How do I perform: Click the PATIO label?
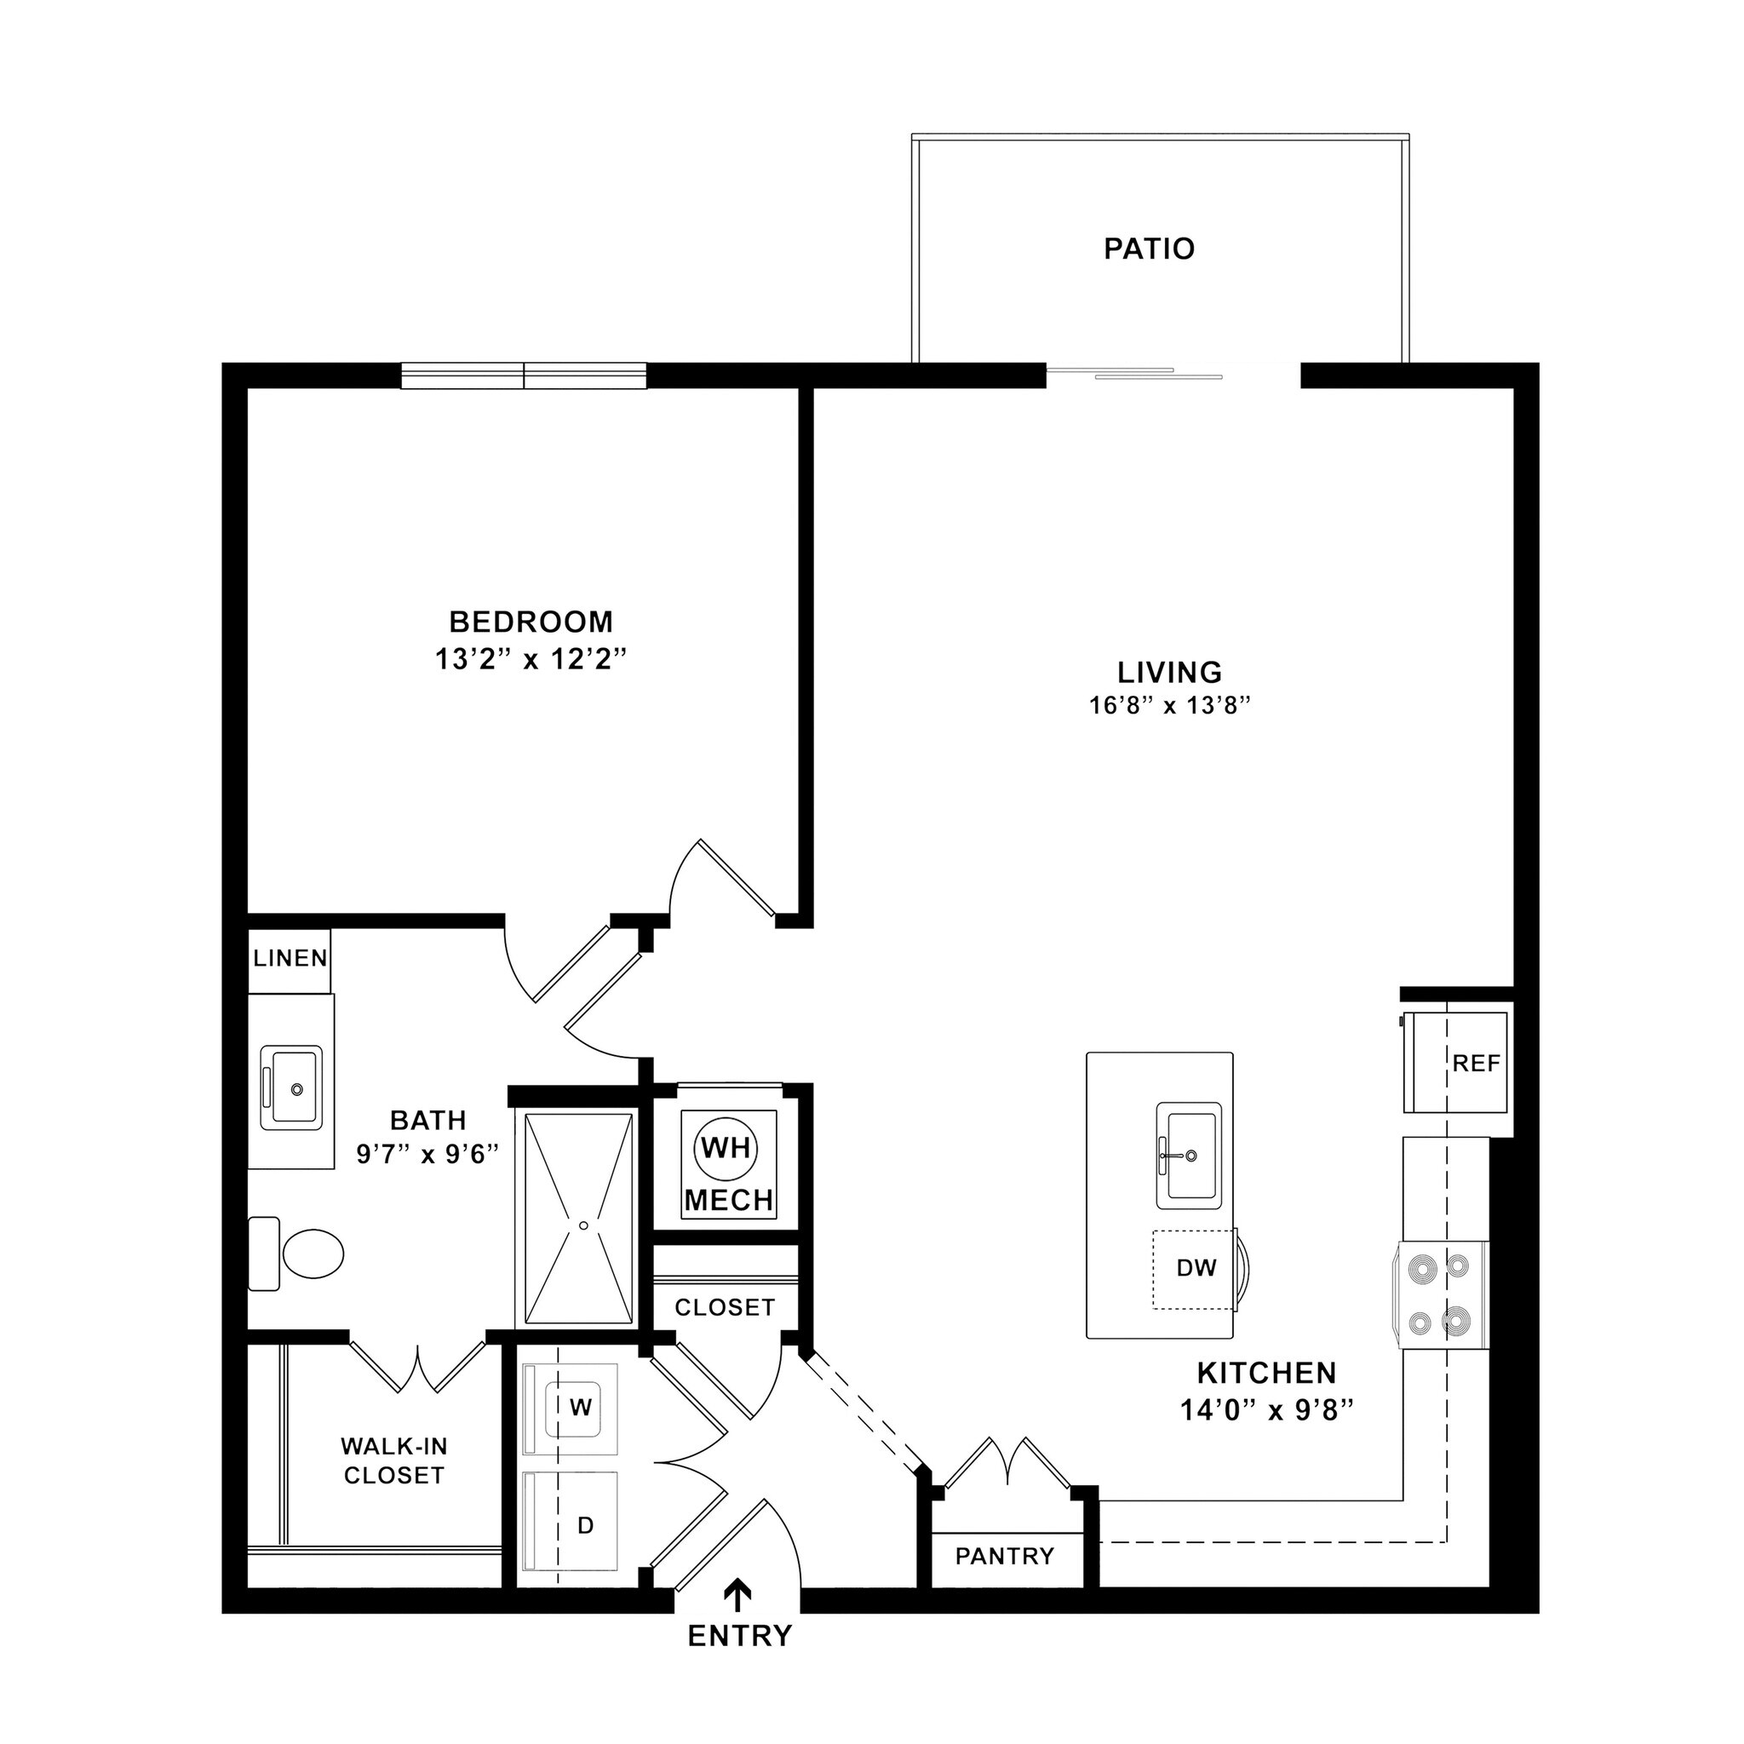point(1149,249)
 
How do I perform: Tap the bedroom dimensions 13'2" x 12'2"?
point(531,660)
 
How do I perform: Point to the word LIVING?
point(1170,673)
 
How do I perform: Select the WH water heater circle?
point(726,1148)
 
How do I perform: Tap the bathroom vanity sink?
point(290,1087)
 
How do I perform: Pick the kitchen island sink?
point(1189,1155)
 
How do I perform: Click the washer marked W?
point(580,1408)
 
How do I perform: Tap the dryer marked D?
point(583,1524)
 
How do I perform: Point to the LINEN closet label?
point(290,958)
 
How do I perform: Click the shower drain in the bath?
point(583,1225)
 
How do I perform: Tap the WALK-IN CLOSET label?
point(394,1460)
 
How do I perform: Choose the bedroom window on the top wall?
point(524,376)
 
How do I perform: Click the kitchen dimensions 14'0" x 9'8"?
point(1267,1410)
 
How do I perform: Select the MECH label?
point(728,1200)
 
